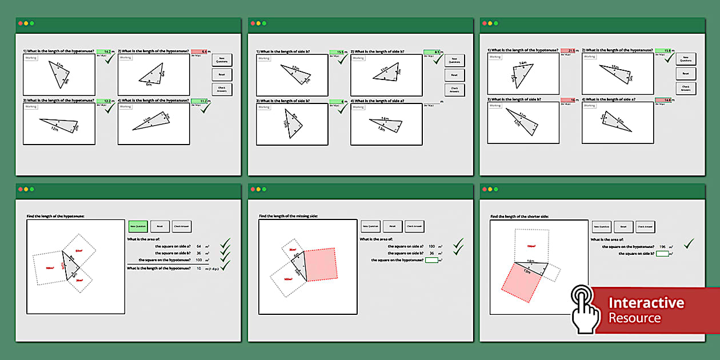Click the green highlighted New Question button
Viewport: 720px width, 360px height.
coord(138,226)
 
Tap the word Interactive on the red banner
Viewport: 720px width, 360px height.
coord(646,303)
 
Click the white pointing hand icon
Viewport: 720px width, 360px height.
coord(585,309)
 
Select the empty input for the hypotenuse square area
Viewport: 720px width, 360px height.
coord(431,260)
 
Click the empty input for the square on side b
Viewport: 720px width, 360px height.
coord(662,253)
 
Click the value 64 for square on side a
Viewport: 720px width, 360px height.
coord(198,246)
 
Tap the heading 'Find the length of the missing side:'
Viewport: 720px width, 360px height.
coord(288,216)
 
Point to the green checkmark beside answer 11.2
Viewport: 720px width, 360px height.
coord(205,107)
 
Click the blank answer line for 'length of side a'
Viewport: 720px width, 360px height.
coord(431,102)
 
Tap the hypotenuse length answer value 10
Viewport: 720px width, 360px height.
coord(199,268)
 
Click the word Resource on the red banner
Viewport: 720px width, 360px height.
coord(634,318)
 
